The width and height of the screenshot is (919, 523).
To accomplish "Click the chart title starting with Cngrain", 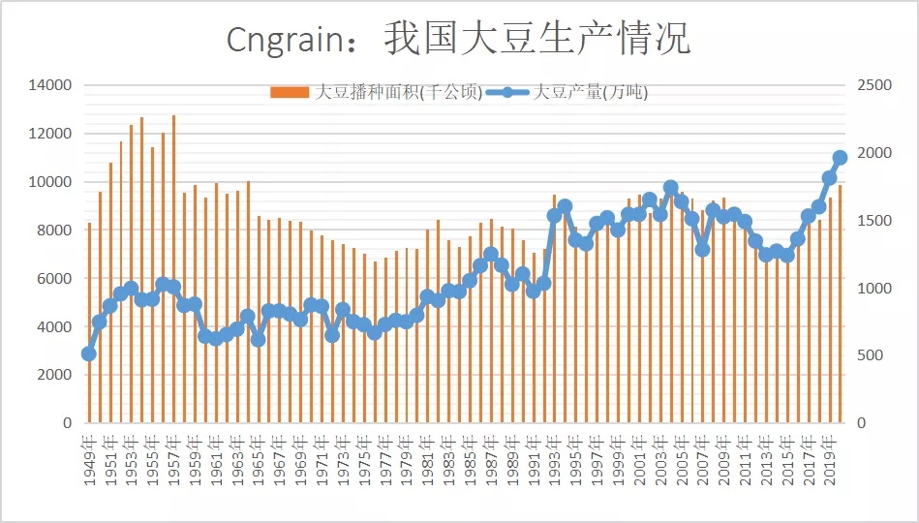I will click(x=458, y=40).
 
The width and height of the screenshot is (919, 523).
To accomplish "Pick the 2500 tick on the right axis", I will click(x=874, y=85).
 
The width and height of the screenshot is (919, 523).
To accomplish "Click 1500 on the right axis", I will click(x=874, y=221).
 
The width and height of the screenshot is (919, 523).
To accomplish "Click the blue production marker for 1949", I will click(x=89, y=354).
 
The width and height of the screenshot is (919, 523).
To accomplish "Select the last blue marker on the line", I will click(x=840, y=157).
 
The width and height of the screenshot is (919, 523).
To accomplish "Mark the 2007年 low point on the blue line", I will click(x=703, y=249).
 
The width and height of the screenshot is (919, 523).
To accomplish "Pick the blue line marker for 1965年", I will click(x=258, y=339).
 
